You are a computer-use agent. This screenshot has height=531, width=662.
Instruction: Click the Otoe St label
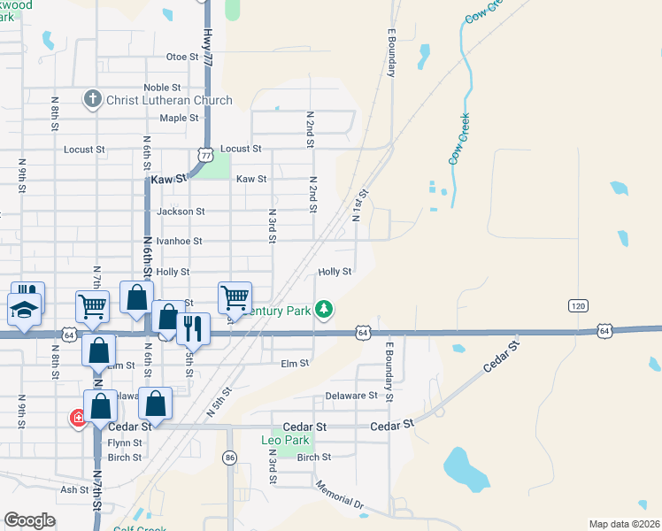(x=182, y=57)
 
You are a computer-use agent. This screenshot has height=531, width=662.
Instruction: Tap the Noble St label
(x=162, y=88)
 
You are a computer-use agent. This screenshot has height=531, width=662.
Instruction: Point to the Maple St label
(x=179, y=118)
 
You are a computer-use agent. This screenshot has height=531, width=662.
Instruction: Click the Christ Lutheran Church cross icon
(x=93, y=99)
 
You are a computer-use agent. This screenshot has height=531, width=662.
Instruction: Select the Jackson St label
(x=180, y=212)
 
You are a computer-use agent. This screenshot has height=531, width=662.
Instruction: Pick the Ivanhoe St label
(x=179, y=241)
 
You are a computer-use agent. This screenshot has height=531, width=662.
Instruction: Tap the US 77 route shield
(x=206, y=155)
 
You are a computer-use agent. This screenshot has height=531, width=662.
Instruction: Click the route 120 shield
(x=578, y=305)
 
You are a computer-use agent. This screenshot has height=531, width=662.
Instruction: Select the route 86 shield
(x=230, y=458)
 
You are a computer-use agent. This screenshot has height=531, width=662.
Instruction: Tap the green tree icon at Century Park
(x=325, y=308)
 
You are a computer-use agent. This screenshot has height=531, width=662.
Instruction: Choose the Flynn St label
(x=125, y=442)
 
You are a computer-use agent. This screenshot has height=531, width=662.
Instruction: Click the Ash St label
(x=74, y=489)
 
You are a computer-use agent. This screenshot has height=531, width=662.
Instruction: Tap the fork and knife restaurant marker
(x=192, y=328)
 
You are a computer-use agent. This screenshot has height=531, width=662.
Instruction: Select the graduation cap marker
(x=24, y=310)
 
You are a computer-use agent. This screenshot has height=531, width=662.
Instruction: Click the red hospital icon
(x=78, y=417)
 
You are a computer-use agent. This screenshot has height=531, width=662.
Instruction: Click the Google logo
(x=29, y=520)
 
